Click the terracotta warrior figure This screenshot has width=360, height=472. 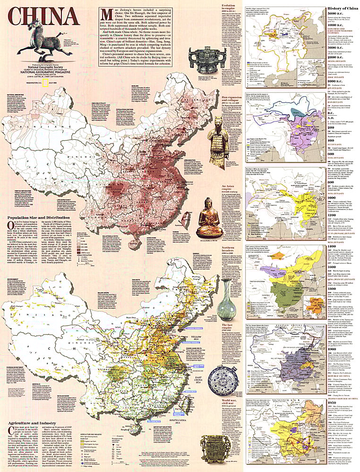(x=218, y=142)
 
